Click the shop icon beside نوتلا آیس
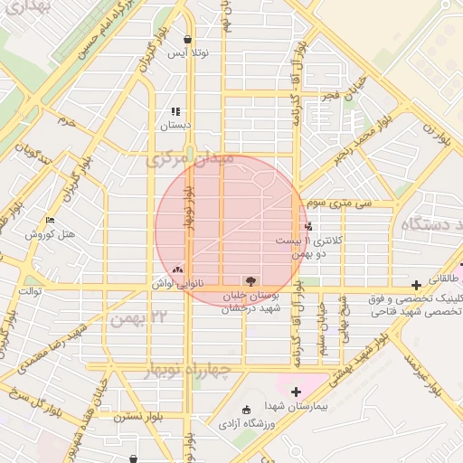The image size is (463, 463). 187,40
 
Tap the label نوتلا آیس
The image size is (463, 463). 188,53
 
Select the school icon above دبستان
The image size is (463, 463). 175,112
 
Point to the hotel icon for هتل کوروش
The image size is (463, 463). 50,220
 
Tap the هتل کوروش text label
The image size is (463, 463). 48,234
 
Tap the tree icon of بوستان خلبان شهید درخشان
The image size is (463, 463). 250,280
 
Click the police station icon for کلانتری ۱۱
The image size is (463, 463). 308,227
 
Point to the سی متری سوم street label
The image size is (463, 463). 339,204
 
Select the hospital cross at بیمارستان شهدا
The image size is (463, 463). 296,392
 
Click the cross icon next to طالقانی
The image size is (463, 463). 415,285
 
